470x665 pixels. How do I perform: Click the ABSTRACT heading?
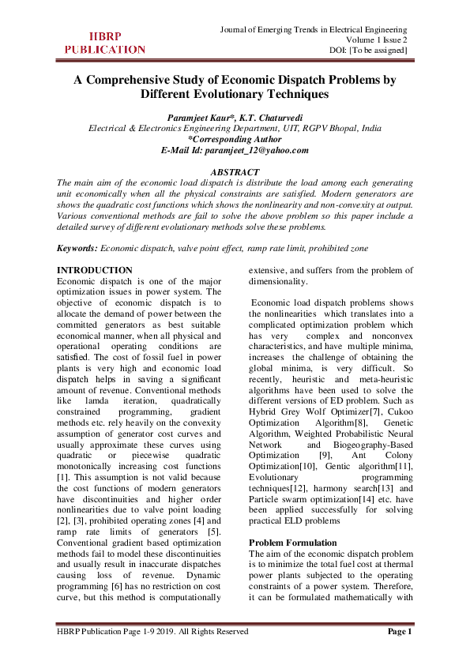tap(235, 172)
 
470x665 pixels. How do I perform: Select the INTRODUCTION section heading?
tap(95, 271)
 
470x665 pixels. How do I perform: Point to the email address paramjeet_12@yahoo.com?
tap(257, 150)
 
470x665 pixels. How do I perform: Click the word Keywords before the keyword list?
tap(77, 248)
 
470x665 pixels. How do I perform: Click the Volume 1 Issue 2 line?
tap(377, 40)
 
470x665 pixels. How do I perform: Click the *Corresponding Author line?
tap(235, 139)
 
